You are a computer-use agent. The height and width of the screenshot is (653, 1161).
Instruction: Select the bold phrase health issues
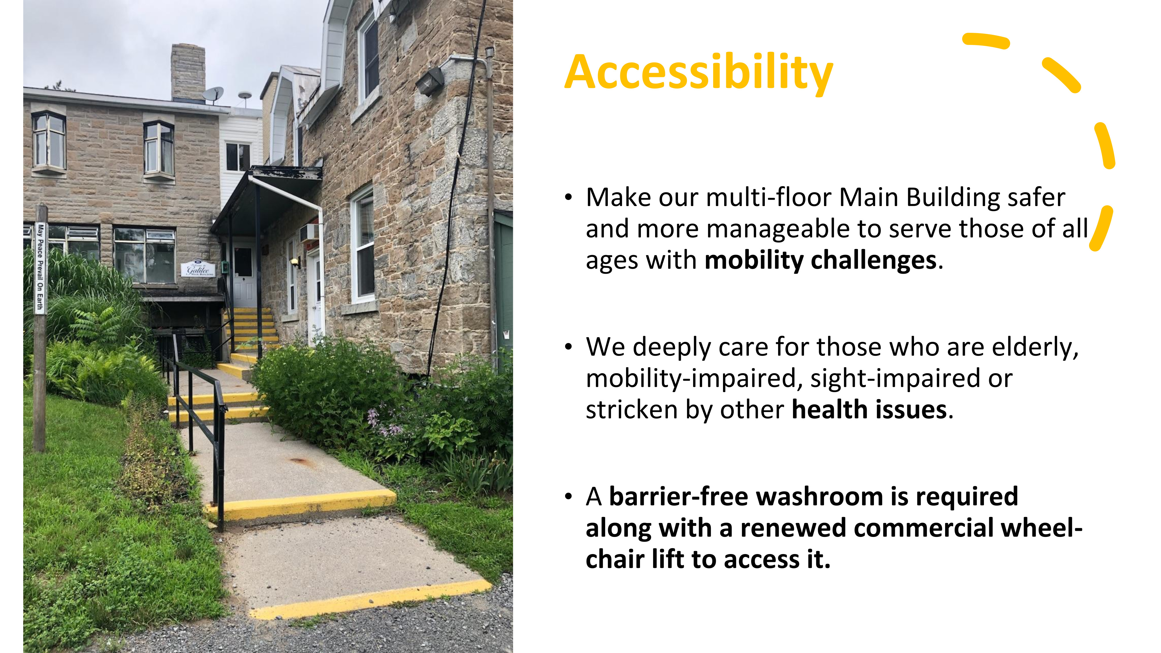pos(869,410)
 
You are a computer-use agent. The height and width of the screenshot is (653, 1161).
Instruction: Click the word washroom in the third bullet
pos(819,497)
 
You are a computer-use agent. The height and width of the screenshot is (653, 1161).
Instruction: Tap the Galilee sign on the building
pos(198,269)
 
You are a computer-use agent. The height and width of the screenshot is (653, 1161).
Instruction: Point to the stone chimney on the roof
pos(188,72)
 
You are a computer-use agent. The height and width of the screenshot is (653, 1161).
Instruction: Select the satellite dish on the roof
pos(213,95)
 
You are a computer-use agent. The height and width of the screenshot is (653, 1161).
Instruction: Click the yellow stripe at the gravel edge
pos(370,599)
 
